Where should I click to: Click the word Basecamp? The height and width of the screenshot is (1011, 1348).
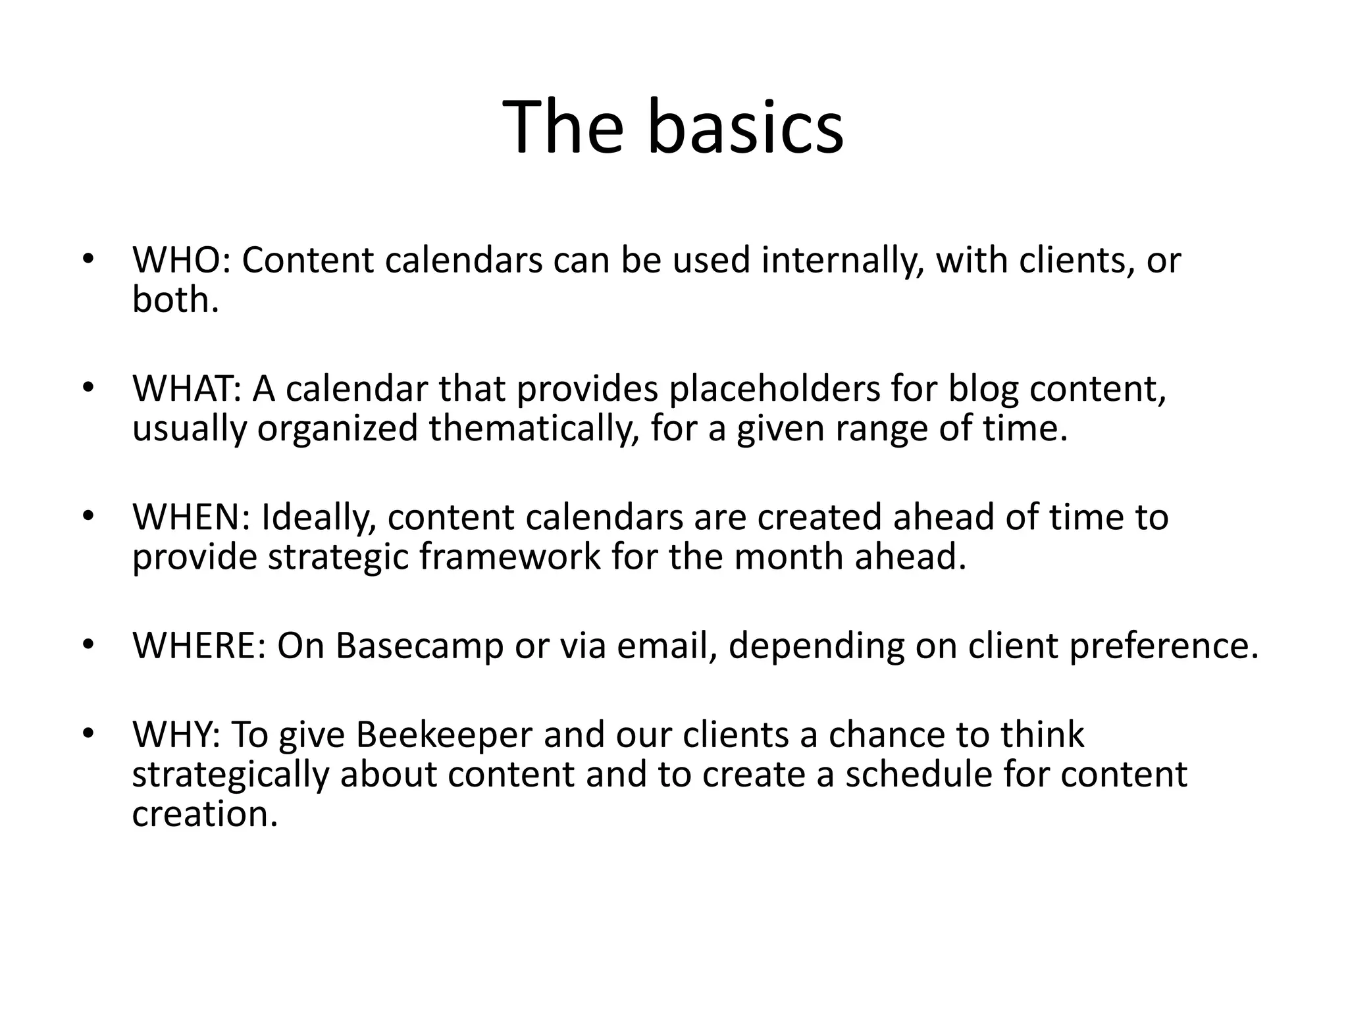[x=419, y=645]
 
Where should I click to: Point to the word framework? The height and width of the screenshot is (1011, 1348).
[x=510, y=557]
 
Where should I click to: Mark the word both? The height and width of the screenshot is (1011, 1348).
[x=175, y=300]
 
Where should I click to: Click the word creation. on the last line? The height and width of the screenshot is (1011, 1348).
[x=205, y=814]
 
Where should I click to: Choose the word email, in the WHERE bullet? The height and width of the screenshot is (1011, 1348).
[x=667, y=645]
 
